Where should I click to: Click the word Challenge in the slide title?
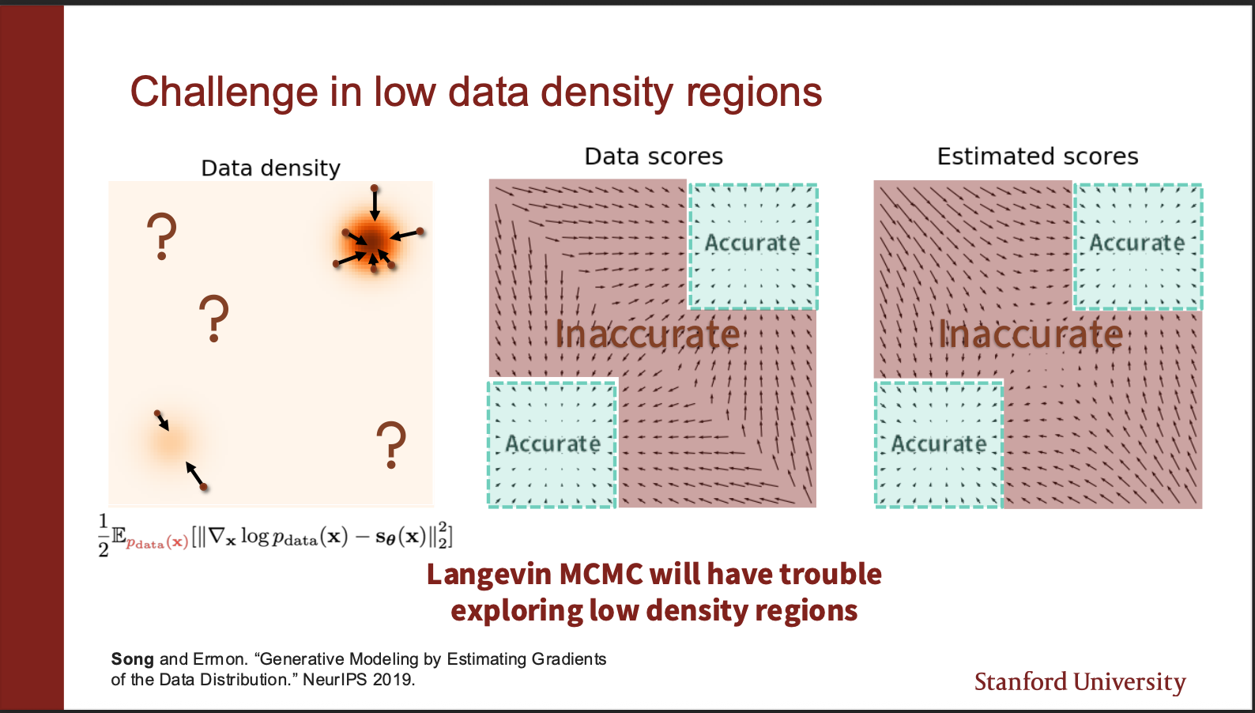224,92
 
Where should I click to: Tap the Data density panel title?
270,168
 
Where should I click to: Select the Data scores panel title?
654,157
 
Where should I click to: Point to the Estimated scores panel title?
1038,157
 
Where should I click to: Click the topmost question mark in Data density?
162,236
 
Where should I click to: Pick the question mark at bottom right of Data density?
391,444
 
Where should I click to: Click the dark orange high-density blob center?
371,242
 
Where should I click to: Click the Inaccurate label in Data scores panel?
647,334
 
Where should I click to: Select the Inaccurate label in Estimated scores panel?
1031,334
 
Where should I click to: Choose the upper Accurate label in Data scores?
752,243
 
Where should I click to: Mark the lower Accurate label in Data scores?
553,444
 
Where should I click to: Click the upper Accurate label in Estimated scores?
1137,243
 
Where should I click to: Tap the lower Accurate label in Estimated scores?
939,444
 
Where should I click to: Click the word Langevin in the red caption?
489,575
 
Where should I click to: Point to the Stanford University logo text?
1080,682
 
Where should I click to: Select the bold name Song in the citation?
132,659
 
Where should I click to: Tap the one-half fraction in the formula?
103,536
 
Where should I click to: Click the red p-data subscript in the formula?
157,542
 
